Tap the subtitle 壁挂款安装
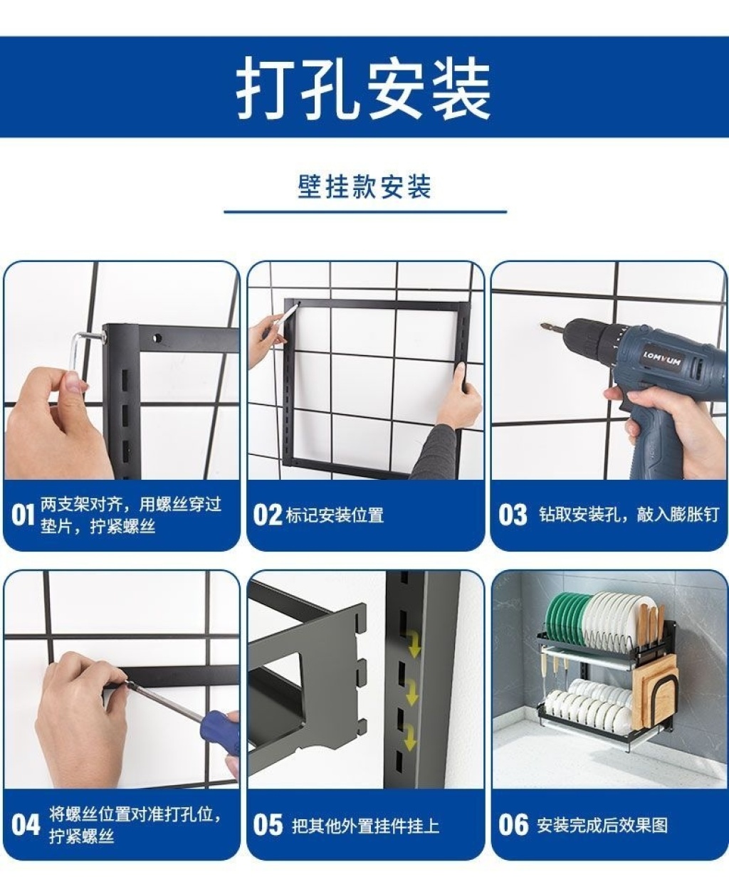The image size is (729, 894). [x=364, y=186]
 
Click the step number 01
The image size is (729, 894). [x=23, y=515]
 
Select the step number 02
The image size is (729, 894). [x=267, y=515]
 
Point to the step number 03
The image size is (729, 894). [x=513, y=515]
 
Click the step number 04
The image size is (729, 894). [x=25, y=825]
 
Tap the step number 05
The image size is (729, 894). [x=268, y=825]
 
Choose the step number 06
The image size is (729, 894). [x=513, y=825]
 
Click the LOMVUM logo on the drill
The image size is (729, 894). [x=662, y=359]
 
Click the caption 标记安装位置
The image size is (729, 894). [x=335, y=515]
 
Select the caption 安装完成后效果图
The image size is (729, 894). [x=602, y=825]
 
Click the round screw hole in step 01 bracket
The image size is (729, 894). [x=157, y=338]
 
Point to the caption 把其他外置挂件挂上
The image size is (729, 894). [x=365, y=826]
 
